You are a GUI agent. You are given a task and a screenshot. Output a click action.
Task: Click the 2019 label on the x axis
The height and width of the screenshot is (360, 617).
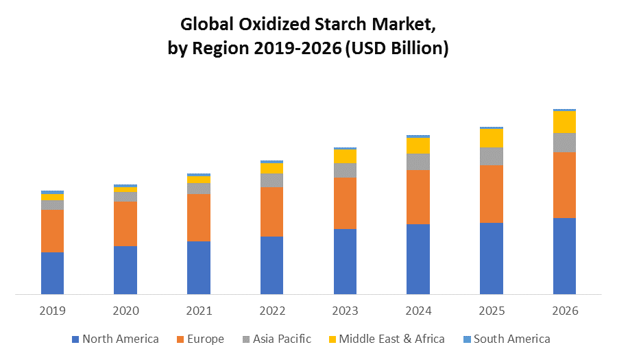pos(52,311)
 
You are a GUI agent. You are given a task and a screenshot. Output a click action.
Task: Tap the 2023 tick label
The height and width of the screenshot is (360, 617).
pos(345,311)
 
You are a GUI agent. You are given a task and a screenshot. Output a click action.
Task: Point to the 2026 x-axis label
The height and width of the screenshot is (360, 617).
pos(564,311)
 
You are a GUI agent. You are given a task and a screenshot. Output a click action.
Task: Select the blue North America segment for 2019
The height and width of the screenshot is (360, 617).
pos(52,273)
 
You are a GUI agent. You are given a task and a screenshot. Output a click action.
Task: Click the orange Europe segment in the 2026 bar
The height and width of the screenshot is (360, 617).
pos(564,184)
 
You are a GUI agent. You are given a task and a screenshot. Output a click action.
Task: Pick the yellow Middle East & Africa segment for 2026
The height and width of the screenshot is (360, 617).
pos(564,121)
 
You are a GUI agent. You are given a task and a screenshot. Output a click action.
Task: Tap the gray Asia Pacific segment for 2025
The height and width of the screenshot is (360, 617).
pos(491,156)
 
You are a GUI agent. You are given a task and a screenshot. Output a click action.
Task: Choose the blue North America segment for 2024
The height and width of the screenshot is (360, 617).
pos(418,259)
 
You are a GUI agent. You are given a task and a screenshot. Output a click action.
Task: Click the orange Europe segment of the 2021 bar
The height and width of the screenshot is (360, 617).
pos(199,217)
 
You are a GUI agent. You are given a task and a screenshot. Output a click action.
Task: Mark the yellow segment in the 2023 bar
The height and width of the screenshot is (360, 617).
pos(345,156)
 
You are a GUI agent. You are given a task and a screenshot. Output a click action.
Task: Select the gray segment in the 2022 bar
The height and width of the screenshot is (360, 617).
pos(271,180)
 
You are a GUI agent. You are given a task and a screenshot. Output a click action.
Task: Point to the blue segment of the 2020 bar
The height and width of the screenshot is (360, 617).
pos(125,270)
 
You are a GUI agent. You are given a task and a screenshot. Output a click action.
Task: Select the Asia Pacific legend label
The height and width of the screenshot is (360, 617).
pos(282,339)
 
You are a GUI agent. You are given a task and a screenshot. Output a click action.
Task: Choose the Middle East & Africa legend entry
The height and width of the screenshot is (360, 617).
pos(391,339)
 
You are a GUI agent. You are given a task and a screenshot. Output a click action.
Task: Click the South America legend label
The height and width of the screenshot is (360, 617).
pos(511,339)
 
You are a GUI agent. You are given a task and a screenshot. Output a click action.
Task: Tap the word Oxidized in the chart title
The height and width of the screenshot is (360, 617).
pos(266,25)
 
